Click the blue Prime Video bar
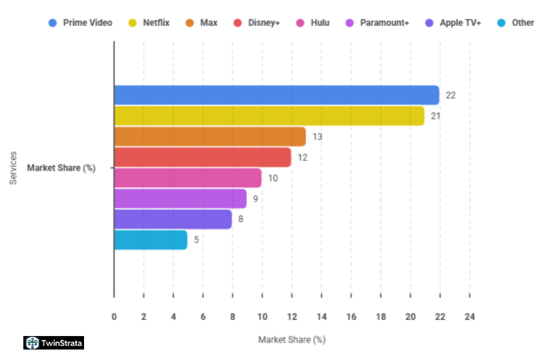(276, 95)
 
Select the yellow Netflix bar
(269, 116)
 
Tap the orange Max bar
(209, 137)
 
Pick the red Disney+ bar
(202, 157)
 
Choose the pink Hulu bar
(187, 178)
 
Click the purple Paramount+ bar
(180, 199)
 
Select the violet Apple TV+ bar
(173, 219)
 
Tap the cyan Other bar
(151, 240)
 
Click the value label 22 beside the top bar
(451, 95)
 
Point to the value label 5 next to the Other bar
(197, 240)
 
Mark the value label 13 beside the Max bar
(318, 137)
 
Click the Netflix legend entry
(150, 23)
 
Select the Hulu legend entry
(313, 23)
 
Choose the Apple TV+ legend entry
(453, 23)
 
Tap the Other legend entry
(516, 23)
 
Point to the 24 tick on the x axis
(470, 317)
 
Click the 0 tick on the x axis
(114, 317)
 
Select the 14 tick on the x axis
(321, 317)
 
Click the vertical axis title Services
(13, 168)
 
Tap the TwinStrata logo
(54, 343)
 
